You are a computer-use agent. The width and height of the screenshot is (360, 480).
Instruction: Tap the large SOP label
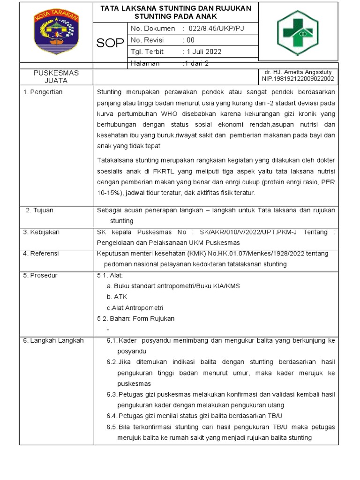[110, 44]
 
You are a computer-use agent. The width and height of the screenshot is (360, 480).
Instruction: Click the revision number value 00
[190, 40]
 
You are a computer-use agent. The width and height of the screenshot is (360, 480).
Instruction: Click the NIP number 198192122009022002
[298, 79]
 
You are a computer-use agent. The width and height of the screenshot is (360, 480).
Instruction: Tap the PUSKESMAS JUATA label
[56, 76]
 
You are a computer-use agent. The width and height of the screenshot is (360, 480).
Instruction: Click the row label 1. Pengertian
[43, 92]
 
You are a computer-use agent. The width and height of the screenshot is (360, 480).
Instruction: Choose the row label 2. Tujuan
[39, 210]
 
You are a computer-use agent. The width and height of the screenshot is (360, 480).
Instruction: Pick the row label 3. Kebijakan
[42, 232]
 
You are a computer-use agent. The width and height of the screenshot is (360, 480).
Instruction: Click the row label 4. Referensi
[41, 254]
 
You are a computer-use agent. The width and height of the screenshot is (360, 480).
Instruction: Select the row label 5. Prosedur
[40, 275]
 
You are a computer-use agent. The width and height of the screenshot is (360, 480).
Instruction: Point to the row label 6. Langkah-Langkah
[53, 340]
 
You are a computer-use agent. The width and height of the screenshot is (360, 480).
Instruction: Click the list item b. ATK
[117, 297]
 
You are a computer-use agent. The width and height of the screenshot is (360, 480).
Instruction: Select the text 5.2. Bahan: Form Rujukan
[135, 318]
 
